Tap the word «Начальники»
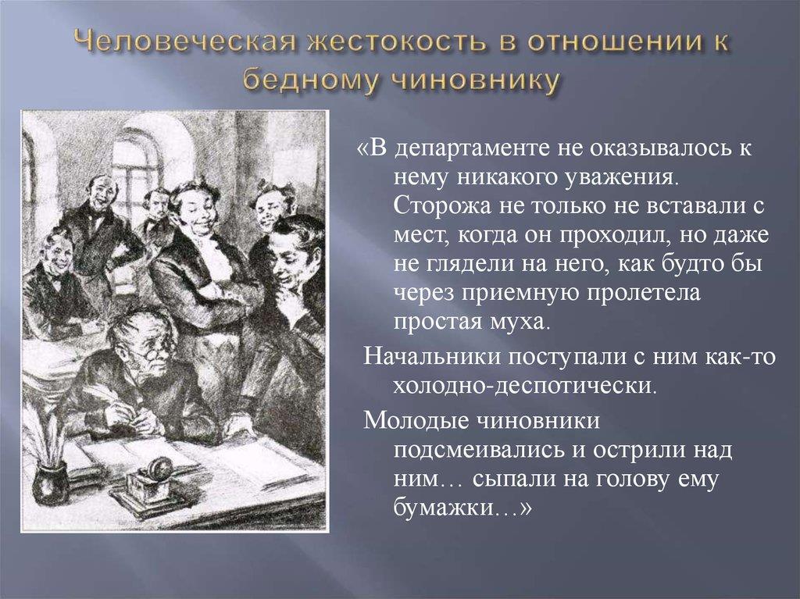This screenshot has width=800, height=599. (x=432, y=356)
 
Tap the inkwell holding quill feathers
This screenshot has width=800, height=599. (x=50, y=479)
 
